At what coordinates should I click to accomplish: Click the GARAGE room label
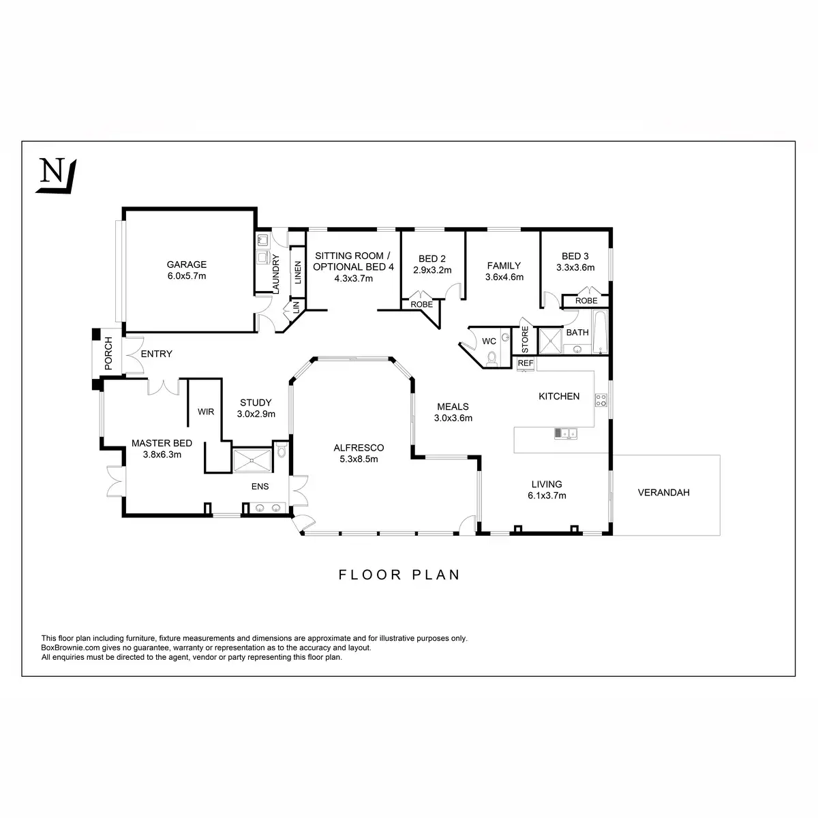(186, 264)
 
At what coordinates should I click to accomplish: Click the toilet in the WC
(492, 354)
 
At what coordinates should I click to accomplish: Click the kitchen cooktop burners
(601, 400)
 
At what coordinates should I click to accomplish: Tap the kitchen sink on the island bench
(565, 432)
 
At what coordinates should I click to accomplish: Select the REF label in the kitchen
(525, 363)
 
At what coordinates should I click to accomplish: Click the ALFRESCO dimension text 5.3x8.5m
(359, 459)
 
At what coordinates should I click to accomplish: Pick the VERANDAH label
(663, 492)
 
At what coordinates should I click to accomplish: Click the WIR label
(206, 412)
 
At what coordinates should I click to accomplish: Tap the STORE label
(525, 339)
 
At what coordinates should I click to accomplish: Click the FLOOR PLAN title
(399, 575)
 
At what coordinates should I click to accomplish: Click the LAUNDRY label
(276, 274)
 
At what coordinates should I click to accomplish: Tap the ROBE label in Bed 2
(421, 305)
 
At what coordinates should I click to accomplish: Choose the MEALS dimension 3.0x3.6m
(454, 419)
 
